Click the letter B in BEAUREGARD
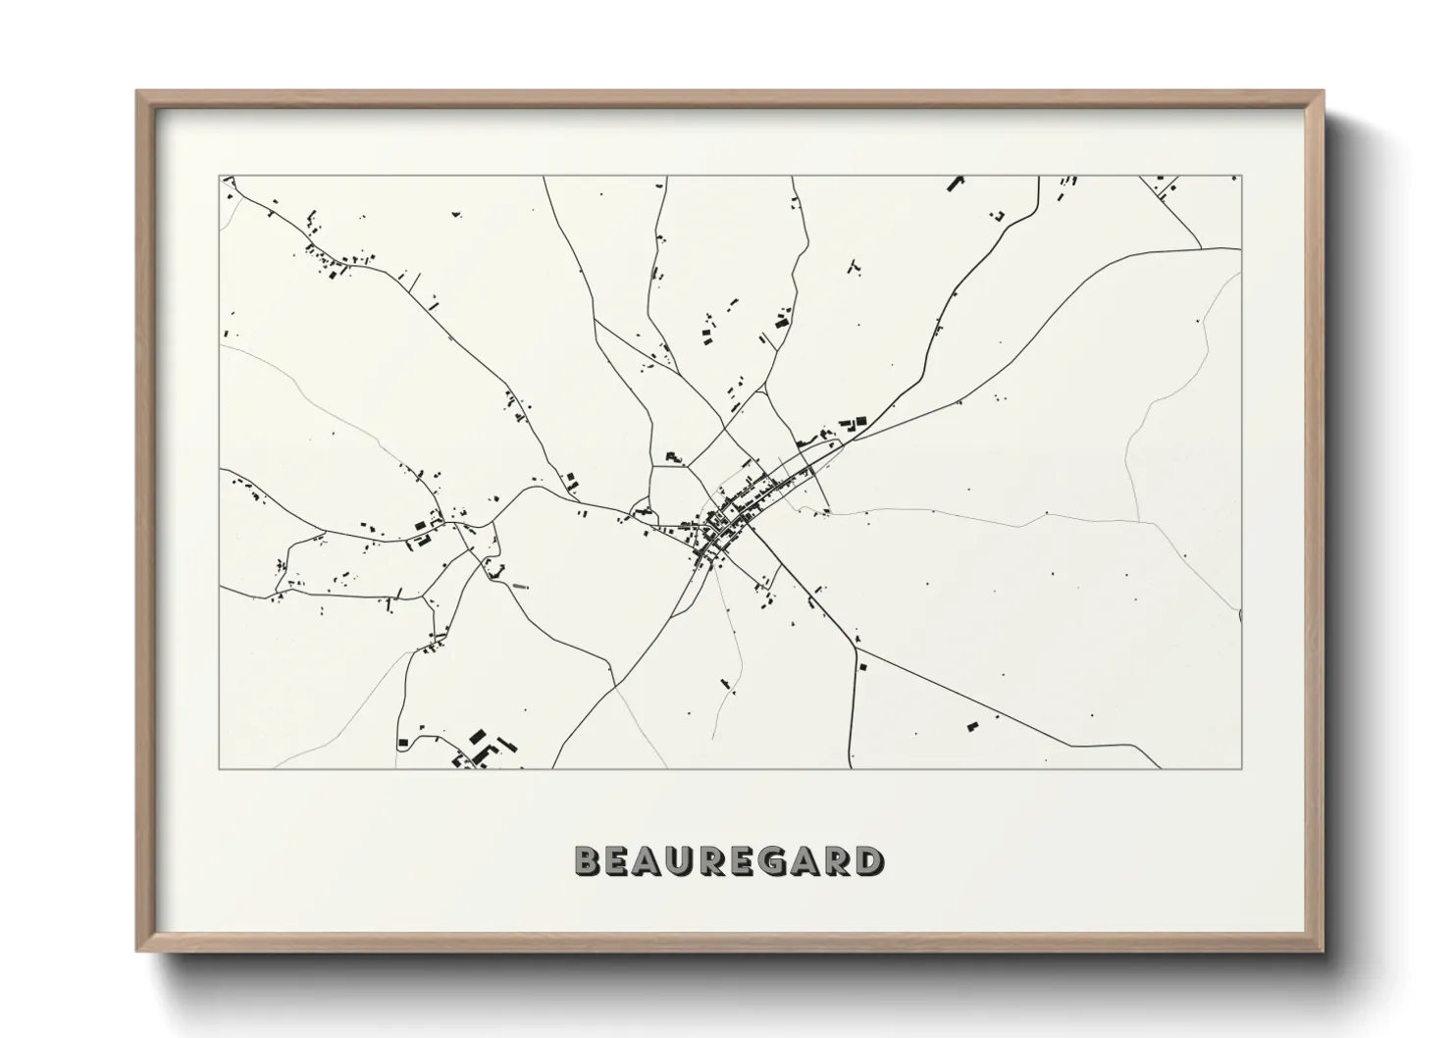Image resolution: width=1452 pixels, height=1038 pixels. click(589, 860)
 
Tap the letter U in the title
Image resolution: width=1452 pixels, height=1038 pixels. click(682, 860)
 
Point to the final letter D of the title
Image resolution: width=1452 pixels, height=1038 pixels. click(867, 860)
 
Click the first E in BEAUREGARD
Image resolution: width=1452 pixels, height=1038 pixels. click(619, 860)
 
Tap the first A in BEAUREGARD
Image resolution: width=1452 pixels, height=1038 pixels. click(649, 860)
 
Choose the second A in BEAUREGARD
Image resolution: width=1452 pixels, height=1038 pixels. click(805, 860)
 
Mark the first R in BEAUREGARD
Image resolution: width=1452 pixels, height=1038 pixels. click(713, 860)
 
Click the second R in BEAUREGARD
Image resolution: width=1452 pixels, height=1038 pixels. click(837, 860)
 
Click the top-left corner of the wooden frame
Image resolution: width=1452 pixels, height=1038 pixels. click(138, 92)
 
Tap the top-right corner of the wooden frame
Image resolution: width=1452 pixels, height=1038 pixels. click(1322, 92)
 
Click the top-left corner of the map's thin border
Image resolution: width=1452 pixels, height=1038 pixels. click(220, 177)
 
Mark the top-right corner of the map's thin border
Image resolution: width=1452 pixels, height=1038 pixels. click(1241, 177)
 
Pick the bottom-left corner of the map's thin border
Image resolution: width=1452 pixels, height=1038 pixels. click(220, 768)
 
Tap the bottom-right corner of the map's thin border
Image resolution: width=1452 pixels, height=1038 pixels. click(1241, 768)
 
